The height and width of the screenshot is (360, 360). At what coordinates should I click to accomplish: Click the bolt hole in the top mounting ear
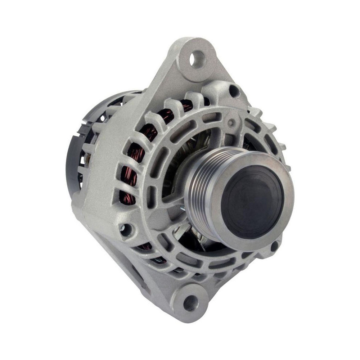(x=197, y=59)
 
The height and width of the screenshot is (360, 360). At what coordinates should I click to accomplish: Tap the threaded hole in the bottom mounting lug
(x=190, y=302)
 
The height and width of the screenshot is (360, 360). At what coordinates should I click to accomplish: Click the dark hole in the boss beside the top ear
(x=234, y=90)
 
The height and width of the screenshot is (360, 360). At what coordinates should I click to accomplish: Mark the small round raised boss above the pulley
(x=230, y=122)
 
